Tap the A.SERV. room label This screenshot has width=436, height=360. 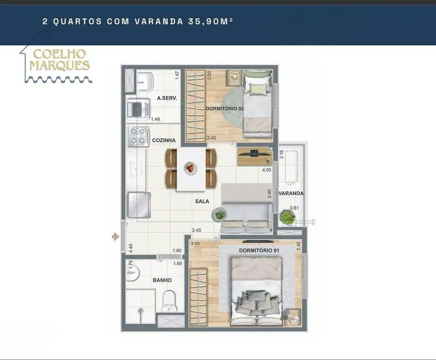click(x=166, y=98)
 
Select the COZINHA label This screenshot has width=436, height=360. click(x=164, y=141)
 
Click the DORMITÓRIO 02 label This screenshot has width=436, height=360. click(x=225, y=109)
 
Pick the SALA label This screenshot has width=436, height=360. click(x=202, y=201)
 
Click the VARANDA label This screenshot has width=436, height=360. click(x=291, y=193)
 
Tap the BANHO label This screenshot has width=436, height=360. click(x=162, y=280)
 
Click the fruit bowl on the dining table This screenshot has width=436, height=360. click(x=190, y=168)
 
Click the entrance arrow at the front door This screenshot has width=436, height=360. click(x=116, y=236)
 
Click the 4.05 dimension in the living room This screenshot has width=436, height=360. click(x=267, y=170)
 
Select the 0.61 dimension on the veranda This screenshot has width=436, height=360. click(x=294, y=208)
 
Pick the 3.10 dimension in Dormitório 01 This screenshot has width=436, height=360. click(x=195, y=243)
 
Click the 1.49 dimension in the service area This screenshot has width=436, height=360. click(x=155, y=119)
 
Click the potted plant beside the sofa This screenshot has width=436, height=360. click(x=220, y=214)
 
